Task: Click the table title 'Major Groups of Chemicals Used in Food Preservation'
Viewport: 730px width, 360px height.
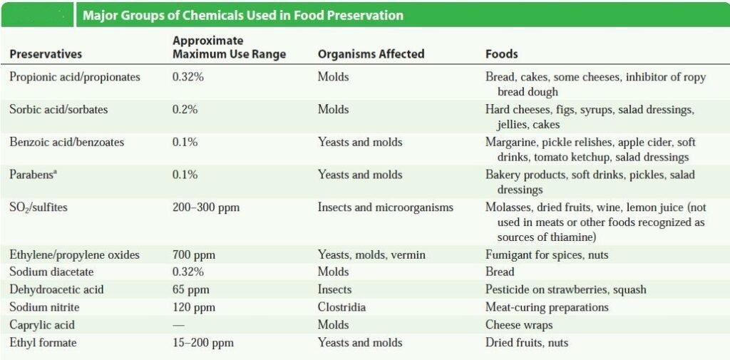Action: coord(243,15)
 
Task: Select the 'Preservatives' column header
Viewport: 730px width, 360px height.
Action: coord(46,54)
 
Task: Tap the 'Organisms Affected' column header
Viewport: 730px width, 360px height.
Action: coord(371,54)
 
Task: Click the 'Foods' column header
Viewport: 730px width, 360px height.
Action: coord(501,54)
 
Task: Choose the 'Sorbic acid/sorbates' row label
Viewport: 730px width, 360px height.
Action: coord(58,110)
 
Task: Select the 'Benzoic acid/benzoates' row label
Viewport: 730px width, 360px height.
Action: coord(66,143)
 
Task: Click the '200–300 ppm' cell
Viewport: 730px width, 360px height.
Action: coord(206,207)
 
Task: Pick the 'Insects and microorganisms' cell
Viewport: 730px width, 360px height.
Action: coord(386,207)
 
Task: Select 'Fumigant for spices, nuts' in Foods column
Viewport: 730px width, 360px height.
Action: coord(547,254)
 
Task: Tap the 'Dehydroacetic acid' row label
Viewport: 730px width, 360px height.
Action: coord(56,289)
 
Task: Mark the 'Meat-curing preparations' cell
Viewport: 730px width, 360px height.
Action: coord(547,307)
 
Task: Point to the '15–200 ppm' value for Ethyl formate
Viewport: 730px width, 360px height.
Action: coord(203,343)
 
